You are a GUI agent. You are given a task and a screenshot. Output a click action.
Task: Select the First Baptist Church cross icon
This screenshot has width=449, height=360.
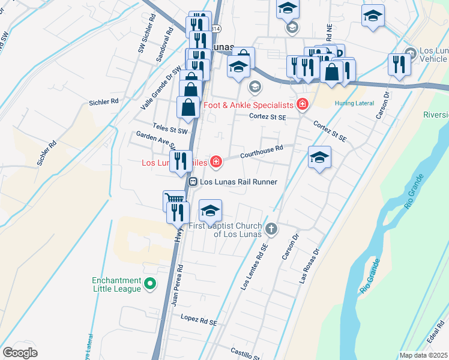(271, 229)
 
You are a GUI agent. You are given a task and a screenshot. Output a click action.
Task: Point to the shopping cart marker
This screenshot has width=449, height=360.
(173, 200)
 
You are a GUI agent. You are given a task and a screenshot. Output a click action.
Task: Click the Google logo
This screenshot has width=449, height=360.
(20, 353)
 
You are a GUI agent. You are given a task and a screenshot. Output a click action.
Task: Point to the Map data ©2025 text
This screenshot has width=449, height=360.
(423, 355)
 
